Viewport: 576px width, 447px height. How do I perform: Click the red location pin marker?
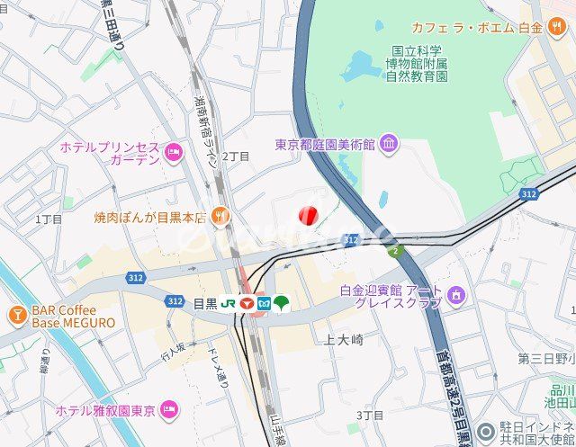click(307, 215)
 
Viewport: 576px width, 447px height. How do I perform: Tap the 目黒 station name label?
click(205, 303)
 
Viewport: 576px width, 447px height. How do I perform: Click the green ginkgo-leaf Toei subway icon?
click(282, 303)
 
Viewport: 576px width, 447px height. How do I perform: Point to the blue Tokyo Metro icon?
click(264, 303)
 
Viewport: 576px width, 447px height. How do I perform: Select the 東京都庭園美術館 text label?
click(325, 144)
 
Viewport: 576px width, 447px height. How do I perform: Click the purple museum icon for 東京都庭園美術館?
click(389, 144)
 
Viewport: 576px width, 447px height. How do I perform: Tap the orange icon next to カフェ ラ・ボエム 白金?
click(559, 27)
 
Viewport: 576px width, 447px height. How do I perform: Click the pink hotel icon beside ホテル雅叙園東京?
click(169, 411)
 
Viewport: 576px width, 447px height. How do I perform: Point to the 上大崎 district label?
click(343, 339)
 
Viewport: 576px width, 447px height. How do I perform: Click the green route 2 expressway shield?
click(394, 251)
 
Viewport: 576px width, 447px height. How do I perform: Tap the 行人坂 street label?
click(173, 352)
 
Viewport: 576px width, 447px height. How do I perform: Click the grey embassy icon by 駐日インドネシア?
click(487, 431)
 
